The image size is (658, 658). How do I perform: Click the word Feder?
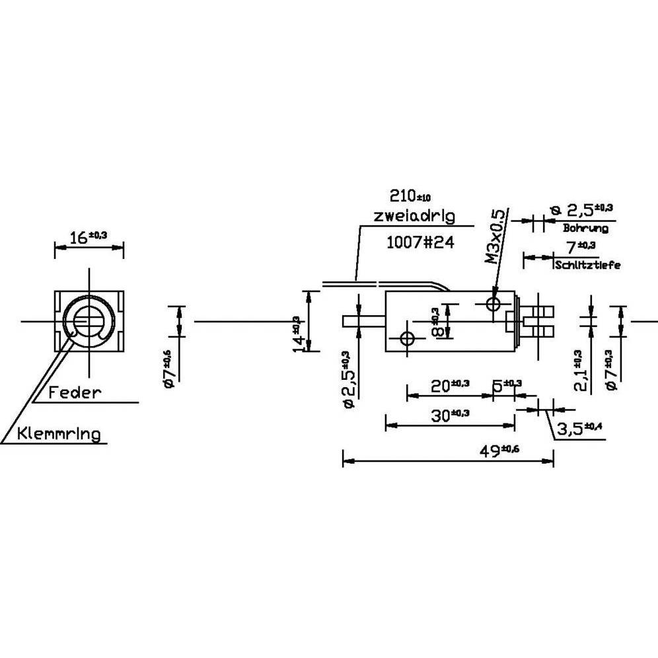point(75,392)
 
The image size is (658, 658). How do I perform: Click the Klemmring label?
point(59,433)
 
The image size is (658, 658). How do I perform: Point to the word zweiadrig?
point(414,216)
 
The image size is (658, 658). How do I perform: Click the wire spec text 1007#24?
point(420,242)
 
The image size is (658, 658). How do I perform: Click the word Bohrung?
point(585,229)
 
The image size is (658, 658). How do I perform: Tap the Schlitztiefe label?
point(588,266)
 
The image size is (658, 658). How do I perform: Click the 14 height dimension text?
point(299,332)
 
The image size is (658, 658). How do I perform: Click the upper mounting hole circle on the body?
point(493,304)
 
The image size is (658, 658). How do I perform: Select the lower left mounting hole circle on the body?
point(406,339)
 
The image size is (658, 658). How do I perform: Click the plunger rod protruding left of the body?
point(364,322)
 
